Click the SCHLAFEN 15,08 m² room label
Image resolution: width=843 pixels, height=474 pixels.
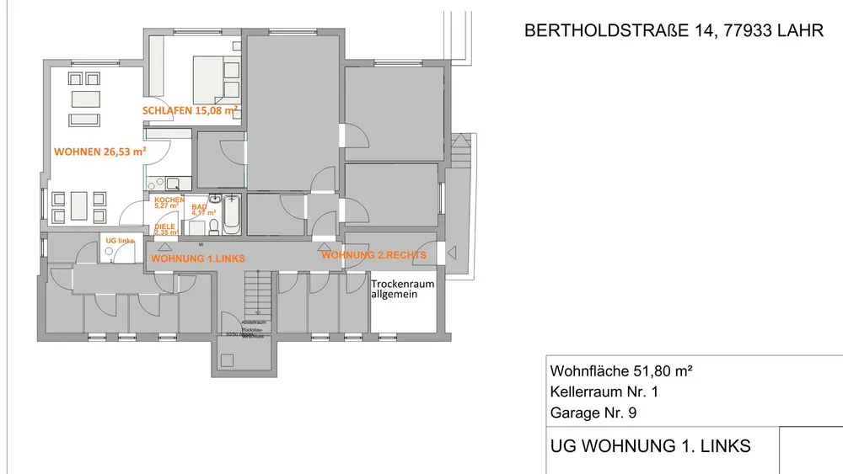pos(190,110)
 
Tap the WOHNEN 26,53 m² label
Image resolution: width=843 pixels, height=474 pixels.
pos(99,152)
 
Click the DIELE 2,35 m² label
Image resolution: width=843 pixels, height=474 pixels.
pos(165,230)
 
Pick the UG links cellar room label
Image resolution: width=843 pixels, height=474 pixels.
pos(120,241)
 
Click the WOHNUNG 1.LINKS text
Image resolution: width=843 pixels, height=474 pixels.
pos(197,258)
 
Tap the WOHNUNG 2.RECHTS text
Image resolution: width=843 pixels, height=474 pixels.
pos(373,255)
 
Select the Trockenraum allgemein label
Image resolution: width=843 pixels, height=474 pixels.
pos(402,289)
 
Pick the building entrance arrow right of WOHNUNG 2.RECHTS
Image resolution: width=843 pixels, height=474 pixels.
pos(452,252)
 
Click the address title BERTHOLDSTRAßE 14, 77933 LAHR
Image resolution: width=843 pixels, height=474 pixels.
pos(674,31)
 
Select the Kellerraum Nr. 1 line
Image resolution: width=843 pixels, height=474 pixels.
pos(604,391)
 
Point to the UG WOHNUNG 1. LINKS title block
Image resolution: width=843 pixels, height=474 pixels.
pos(650,446)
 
